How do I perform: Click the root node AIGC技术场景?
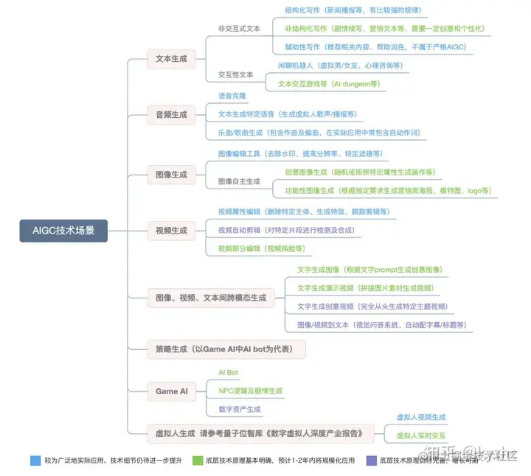[x=63, y=231]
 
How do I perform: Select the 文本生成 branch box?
[x=171, y=59]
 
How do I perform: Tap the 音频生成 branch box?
[x=171, y=115]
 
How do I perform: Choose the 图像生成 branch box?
[x=171, y=175]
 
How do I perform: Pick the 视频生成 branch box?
[x=171, y=231]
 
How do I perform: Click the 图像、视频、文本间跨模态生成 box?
[x=210, y=298]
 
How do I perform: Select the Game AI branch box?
[x=172, y=391]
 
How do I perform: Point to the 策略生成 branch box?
[x=226, y=349]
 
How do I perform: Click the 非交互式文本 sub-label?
[x=239, y=29]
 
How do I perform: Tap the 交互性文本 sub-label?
[x=236, y=75]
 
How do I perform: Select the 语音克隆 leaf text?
[x=232, y=97]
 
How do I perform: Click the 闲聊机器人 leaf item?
[x=340, y=66]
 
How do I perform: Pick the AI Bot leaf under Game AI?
[x=228, y=373]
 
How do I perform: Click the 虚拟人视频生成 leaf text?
[x=421, y=417]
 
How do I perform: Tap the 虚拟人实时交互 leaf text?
[x=421, y=435]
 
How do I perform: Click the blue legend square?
[x=35, y=461]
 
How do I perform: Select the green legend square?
[x=198, y=461]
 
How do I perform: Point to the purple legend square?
[x=372, y=461]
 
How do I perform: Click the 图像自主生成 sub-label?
[x=239, y=181]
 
